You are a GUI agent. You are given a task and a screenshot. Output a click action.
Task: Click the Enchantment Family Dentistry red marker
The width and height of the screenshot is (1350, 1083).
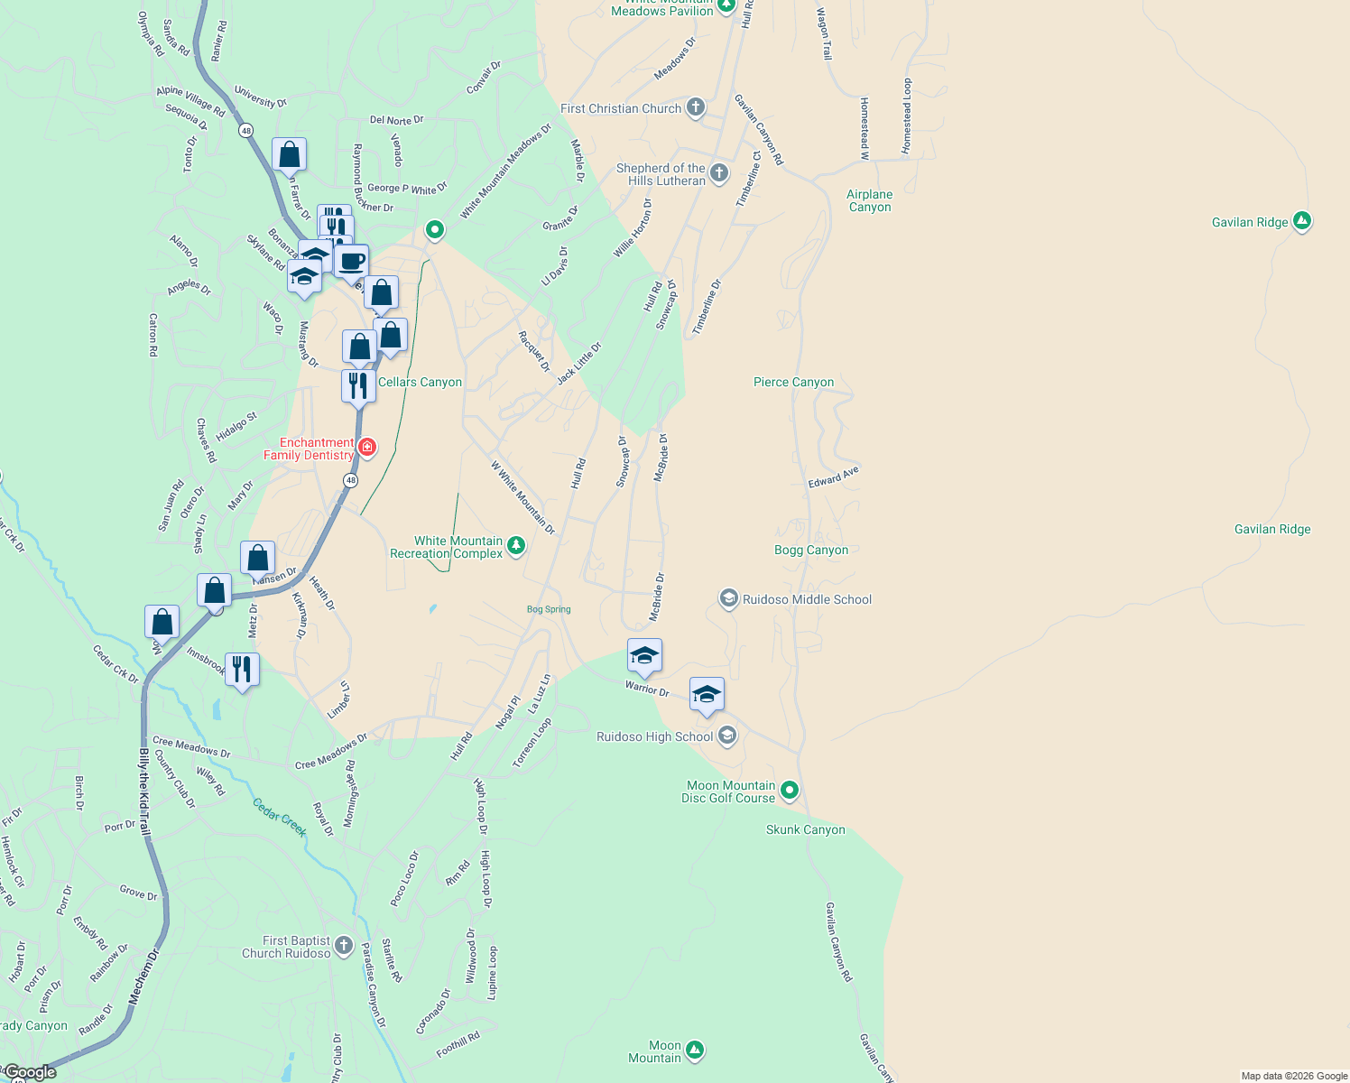(367, 447)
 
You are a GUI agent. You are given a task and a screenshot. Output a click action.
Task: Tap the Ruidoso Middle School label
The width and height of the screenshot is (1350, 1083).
(807, 599)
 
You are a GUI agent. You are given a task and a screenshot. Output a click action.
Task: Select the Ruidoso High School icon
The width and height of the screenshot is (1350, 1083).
(727, 736)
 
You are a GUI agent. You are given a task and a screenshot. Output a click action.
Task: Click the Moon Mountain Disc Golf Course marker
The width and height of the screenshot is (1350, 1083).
(790, 791)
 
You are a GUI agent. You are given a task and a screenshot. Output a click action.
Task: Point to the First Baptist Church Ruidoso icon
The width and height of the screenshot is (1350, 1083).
(344, 946)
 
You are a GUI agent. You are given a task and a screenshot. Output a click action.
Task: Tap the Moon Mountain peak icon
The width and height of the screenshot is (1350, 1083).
(694, 1050)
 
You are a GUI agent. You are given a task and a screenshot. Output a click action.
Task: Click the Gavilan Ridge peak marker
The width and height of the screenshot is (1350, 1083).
(1301, 220)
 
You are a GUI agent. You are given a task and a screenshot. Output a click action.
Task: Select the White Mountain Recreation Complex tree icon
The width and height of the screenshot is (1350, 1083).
(515, 545)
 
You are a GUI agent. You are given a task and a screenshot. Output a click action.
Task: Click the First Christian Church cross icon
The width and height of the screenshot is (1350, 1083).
(695, 107)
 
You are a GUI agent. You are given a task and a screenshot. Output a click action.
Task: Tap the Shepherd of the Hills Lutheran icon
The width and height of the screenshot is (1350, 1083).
(718, 172)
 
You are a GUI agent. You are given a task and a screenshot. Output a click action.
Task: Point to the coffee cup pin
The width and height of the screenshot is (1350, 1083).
(352, 263)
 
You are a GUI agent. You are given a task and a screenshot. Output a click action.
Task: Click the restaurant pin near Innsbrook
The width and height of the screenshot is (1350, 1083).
(242, 670)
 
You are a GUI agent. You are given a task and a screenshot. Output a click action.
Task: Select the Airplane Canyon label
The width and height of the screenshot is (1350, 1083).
(869, 200)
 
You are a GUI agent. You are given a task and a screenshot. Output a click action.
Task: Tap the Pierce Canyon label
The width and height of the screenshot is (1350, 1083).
(793, 382)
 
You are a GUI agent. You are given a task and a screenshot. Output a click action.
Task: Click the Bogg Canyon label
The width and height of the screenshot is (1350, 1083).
(811, 550)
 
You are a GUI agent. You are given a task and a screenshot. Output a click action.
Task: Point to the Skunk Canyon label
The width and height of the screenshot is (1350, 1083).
(805, 829)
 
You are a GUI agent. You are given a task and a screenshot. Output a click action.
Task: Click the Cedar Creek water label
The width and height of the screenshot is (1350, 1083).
(280, 817)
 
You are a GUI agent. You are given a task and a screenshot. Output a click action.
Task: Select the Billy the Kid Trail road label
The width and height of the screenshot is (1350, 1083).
(144, 791)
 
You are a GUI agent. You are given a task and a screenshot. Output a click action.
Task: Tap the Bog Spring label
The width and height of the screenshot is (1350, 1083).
(549, 609)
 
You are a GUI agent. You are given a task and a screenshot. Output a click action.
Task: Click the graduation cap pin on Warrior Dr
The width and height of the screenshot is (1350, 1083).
(644, 656)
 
